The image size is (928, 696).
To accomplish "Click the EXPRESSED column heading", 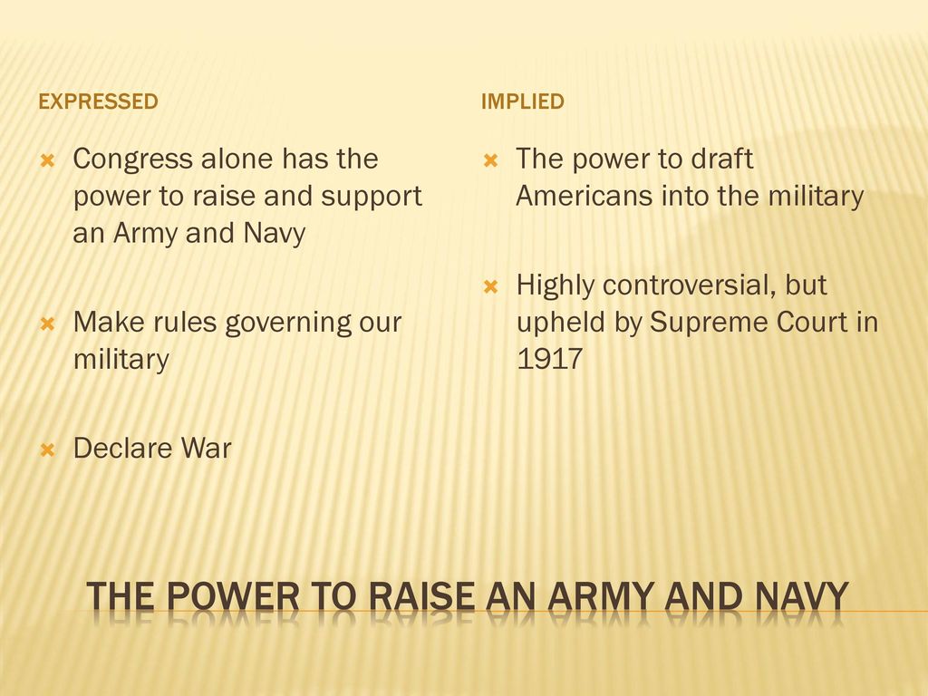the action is tap(98, 101).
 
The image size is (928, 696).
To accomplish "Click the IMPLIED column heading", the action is tap(523, 101).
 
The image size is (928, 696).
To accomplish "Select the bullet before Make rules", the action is tap(47, 324).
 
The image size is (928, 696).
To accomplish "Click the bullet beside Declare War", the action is tap(47, 449).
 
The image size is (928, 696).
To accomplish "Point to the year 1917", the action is tap(550, 359).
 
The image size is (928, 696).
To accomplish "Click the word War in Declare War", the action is tap(206, 448).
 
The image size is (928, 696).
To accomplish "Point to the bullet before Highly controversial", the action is tap(490, 287).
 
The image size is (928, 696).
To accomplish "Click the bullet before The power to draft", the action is tap(490, 160).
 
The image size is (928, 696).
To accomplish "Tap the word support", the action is tap(372, 197).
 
